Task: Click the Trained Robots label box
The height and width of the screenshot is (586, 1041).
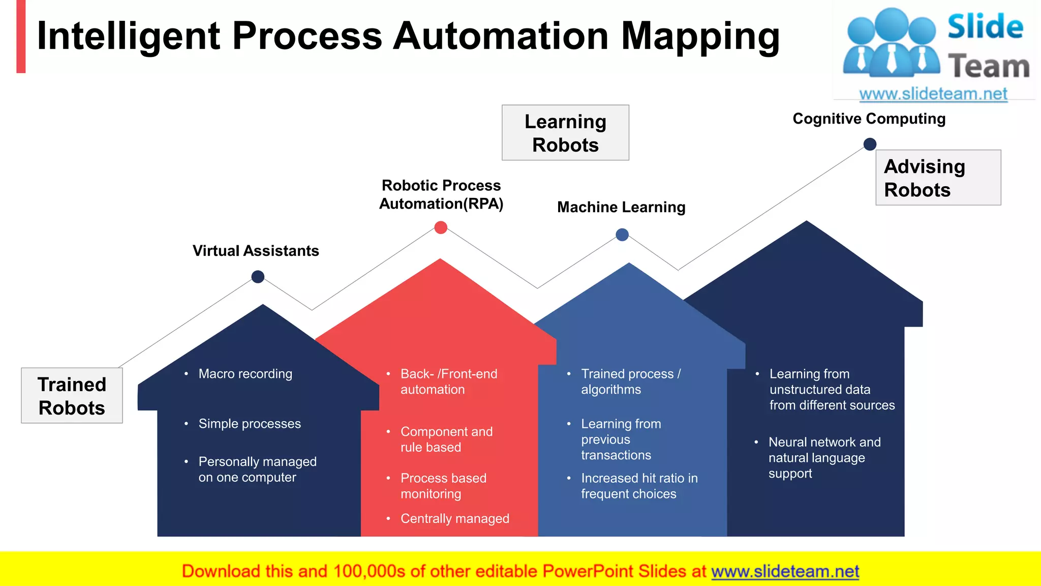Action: [72, 396]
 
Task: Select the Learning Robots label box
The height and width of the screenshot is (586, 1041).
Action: [565, 133]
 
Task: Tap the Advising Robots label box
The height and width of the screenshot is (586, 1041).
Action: [938, 178]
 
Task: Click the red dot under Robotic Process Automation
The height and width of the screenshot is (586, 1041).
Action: [441, 227]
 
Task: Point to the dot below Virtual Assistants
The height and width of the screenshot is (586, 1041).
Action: [258, 277]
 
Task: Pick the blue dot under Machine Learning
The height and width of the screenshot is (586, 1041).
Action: [622, 235]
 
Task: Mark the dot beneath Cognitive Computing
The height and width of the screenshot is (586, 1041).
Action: [870, 144]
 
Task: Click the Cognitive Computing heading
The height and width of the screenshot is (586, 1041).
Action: [869, 119]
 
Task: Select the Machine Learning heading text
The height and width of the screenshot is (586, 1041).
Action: [621, 207]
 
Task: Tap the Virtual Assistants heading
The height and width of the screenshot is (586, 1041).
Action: [256, 251]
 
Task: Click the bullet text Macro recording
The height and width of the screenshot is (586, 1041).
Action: [245, 374]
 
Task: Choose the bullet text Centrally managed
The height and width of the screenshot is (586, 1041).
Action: [454, 518]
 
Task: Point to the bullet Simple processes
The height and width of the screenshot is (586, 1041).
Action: [250, 424]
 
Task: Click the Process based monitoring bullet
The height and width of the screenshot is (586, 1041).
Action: [443, 486]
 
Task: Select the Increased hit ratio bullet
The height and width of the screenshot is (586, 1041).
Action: [639, 486]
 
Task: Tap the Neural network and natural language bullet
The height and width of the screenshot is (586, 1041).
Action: [823, 457]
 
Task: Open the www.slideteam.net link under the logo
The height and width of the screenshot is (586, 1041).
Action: [933, 94]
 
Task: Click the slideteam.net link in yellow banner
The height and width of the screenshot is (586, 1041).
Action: [785, 572]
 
